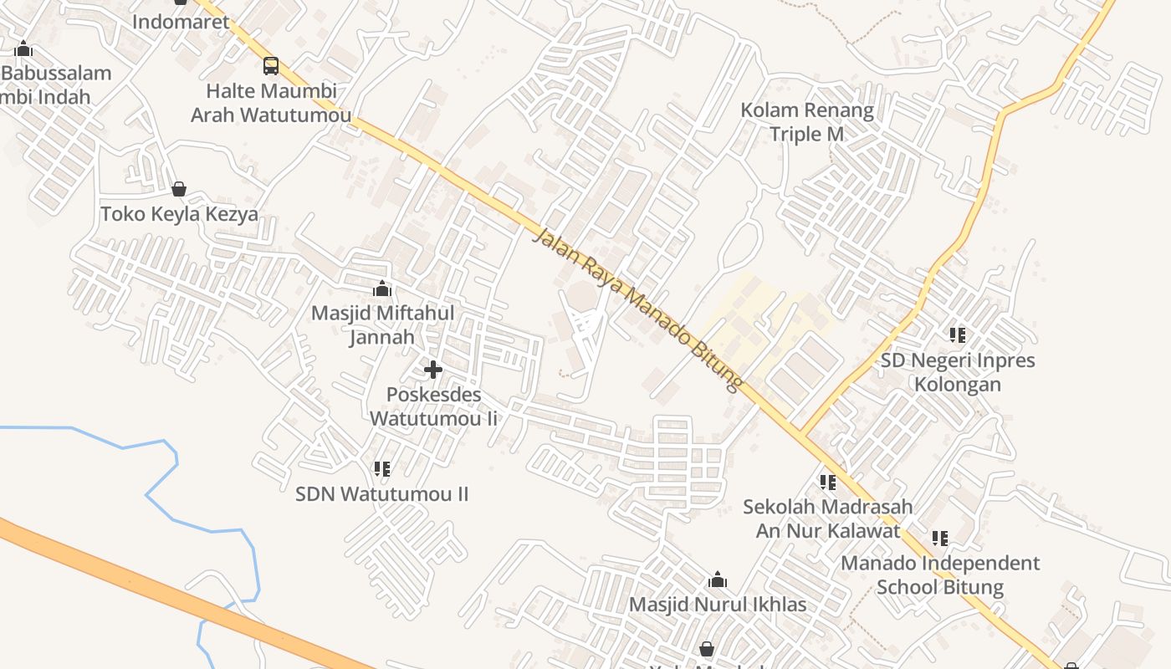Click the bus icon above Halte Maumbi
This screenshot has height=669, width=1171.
(271, 65)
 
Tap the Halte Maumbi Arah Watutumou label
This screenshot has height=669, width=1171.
(271, 103)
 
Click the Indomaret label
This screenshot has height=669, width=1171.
(181, 22)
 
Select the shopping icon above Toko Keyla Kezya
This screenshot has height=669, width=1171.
(178, 189)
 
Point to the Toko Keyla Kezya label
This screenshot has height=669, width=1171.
(179, 214)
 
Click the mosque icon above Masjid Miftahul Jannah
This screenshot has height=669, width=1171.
(382, 289)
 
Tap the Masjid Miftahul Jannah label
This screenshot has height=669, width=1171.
(382, 324)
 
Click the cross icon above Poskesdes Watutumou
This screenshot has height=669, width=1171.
(433, 369)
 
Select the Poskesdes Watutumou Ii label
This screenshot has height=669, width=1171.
(433, 406)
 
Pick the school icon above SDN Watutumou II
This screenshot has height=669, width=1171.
(382, 468)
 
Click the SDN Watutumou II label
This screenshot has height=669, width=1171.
(382, 494)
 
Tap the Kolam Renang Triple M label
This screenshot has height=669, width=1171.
(807, 122)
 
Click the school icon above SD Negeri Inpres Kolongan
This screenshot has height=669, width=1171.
(958, 335)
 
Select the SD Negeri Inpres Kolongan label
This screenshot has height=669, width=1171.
(958, 372)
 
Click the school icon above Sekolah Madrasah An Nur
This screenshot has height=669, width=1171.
(828, 482)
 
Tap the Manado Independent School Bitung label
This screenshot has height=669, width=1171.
(940, 575)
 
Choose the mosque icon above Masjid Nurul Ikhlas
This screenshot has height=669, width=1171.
(718, 580)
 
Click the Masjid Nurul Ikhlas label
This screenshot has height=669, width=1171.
(718, 605)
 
